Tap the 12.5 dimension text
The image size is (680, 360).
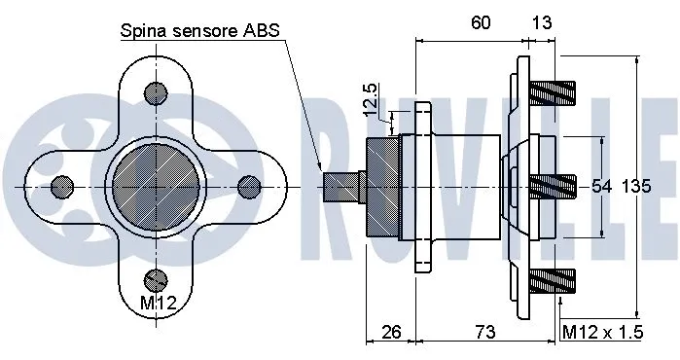370,100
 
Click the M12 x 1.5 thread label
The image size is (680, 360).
603,333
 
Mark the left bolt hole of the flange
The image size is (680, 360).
62,185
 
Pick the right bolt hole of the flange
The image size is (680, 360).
248,185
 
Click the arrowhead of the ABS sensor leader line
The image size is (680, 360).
324,165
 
